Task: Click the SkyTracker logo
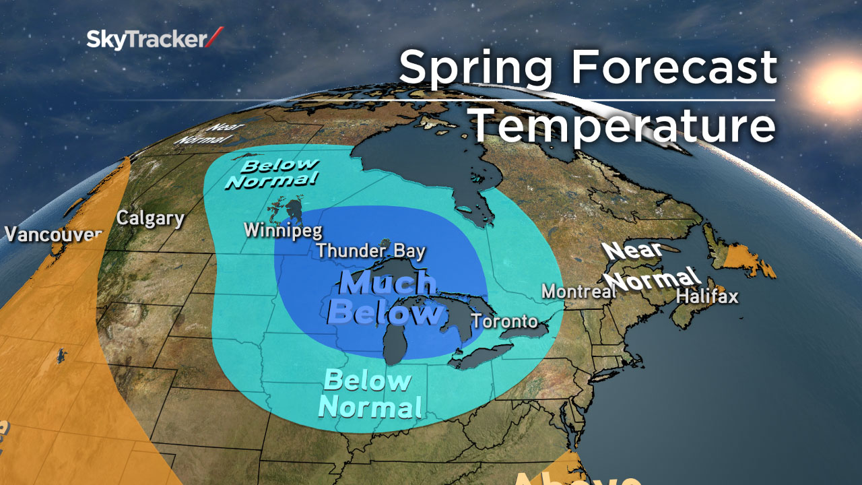[154, 40]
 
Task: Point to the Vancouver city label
[53, 234]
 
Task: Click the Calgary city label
[150, 218]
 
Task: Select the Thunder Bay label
[371, 252]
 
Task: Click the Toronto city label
[505, 321]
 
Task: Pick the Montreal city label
[578, 292]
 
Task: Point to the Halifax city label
[707, 296]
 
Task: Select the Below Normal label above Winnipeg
[271, 172]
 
